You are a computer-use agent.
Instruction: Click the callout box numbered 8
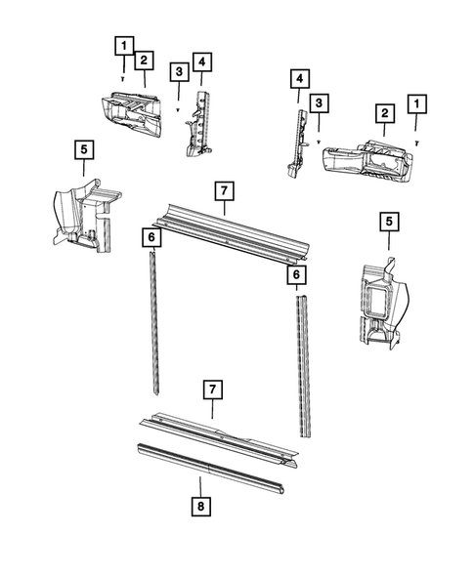click(200, 507)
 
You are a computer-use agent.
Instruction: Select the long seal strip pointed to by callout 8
click(211, 469)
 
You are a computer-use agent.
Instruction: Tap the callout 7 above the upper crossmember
click(225, 191)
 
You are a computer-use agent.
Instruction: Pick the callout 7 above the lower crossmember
click(213, 390)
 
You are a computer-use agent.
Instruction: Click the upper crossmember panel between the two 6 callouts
click(232, 233)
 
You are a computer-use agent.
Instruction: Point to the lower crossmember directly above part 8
click(219, 439)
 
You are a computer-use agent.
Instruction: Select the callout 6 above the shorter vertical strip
click(151, 237)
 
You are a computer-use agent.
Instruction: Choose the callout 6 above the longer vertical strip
click(296, 274)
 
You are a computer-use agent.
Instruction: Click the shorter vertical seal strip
click(155, 322)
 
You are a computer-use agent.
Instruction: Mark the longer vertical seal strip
click(304, 366)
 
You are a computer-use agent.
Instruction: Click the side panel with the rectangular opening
click(383, 304)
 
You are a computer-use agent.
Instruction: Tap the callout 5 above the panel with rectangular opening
click(389, 222)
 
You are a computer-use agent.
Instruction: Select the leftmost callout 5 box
click(84, 149)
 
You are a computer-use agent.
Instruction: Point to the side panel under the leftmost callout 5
click(87, 216)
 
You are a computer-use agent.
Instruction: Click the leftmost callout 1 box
click(124, 46)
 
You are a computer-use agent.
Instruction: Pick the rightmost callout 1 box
click(416, 104)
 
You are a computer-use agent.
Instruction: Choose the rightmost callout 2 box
click(384, 113)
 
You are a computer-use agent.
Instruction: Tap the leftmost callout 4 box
click(202, 62)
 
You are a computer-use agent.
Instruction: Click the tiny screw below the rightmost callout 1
click(416, 144)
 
